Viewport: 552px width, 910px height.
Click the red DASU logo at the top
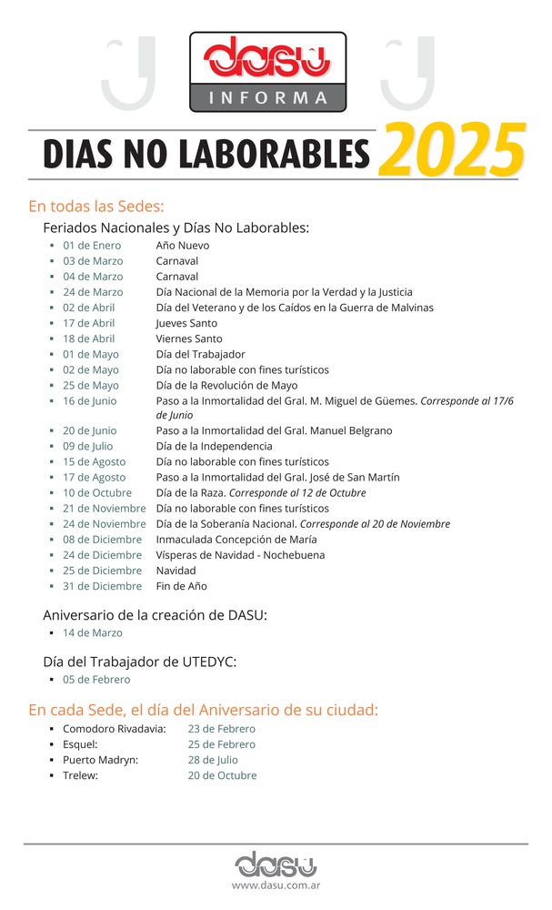pos(267,58)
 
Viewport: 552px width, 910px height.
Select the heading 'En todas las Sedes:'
pos(95,206)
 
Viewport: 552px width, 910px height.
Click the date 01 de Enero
pos(92,246)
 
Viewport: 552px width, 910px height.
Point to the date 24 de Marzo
pos(93,292)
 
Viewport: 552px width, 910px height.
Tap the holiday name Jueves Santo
pos(186,323)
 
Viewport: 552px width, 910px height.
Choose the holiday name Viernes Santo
pos(189,339)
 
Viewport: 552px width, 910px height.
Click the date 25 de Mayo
pos(91,385)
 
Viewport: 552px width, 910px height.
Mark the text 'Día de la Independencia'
pos(214,447)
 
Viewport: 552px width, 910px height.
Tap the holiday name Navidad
pos(176,571)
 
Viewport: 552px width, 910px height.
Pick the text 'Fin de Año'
pos(182,586)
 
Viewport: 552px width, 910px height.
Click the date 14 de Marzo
pos(93,633)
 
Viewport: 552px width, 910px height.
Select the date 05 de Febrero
pos(96,680)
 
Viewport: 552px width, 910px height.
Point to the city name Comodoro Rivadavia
pos(115,729)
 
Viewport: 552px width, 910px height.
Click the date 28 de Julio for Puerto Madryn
pos(213,760)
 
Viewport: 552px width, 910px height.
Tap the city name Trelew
pos(80,775)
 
